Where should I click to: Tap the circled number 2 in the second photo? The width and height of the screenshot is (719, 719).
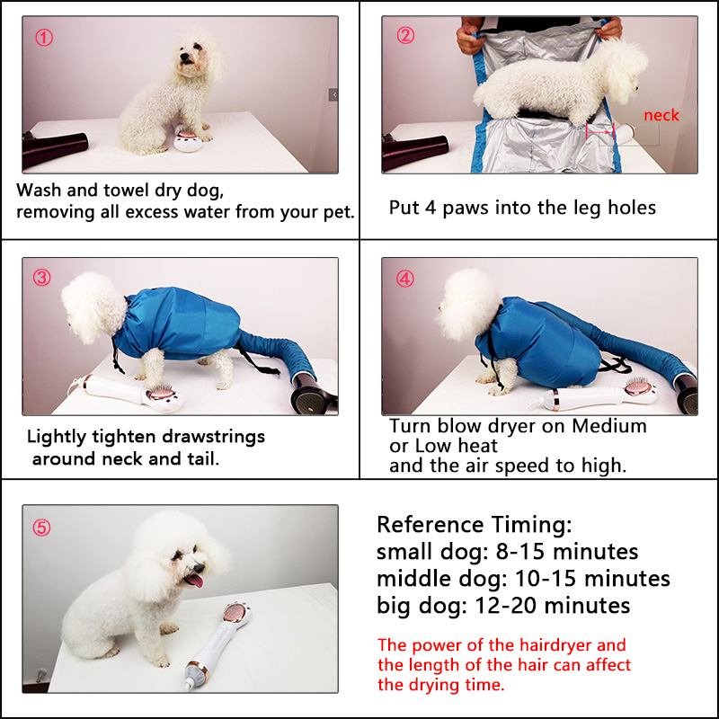405,36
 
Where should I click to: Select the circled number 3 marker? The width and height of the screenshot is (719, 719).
42,278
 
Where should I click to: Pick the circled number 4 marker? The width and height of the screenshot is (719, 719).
405,279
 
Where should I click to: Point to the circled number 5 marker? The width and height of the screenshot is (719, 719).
42,528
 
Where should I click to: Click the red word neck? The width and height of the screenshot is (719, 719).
661,115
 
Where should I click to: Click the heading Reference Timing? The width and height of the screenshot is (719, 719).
474,525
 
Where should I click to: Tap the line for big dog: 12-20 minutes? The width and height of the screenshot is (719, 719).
503,605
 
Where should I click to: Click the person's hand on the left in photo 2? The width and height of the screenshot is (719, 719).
470,40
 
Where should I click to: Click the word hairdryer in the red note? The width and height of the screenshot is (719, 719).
581,645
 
